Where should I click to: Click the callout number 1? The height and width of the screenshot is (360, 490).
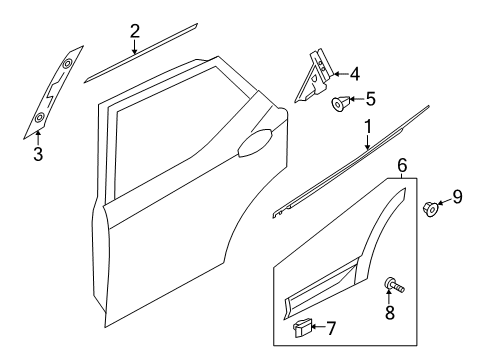pyautogui.click(x=367, y=127)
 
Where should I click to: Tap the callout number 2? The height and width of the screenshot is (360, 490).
pyautogui.click(x=134, y=31)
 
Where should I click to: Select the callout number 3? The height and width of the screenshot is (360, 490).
pyautogui.click(x=38, y=154)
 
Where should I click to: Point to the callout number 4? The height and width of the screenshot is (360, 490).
pyautogui.click(x=355, y=74)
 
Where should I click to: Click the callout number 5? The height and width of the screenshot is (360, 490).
pyautogui.click(x=370, y=99)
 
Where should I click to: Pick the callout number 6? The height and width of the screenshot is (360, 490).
pyautogui.click(x=402, y=166)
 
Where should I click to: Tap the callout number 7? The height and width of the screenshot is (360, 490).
pyautogui.click(x=330, y=328)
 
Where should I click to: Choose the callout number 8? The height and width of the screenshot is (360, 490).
pyautogui.click(x=390, y=312)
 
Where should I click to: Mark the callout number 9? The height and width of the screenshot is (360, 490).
pyautogui.click(x=457, y=196)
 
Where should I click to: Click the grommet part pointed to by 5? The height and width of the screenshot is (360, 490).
pyautogui.click(x=340, y=103)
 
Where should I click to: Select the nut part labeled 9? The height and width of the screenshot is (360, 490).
pyautogui.click(x=431, y=209)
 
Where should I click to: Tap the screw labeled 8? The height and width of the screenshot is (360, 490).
pyautogui.click(x=394, y=284)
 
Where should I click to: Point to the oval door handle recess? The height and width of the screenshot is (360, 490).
pyautogui.click(x=255, y=143)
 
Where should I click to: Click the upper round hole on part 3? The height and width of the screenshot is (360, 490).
pyautogui.click(x=68, y=63)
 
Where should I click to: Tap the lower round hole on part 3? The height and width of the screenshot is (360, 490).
pyautogui.click(x=40, y=117)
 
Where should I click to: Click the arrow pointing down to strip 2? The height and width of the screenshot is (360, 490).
pyautogui.click(x=134, y=47)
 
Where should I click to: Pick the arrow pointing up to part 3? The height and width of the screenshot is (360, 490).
pyautogui.click(x=38, y=138)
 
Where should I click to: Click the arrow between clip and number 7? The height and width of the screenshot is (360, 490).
pyautogui.click(x=319, y=327)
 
